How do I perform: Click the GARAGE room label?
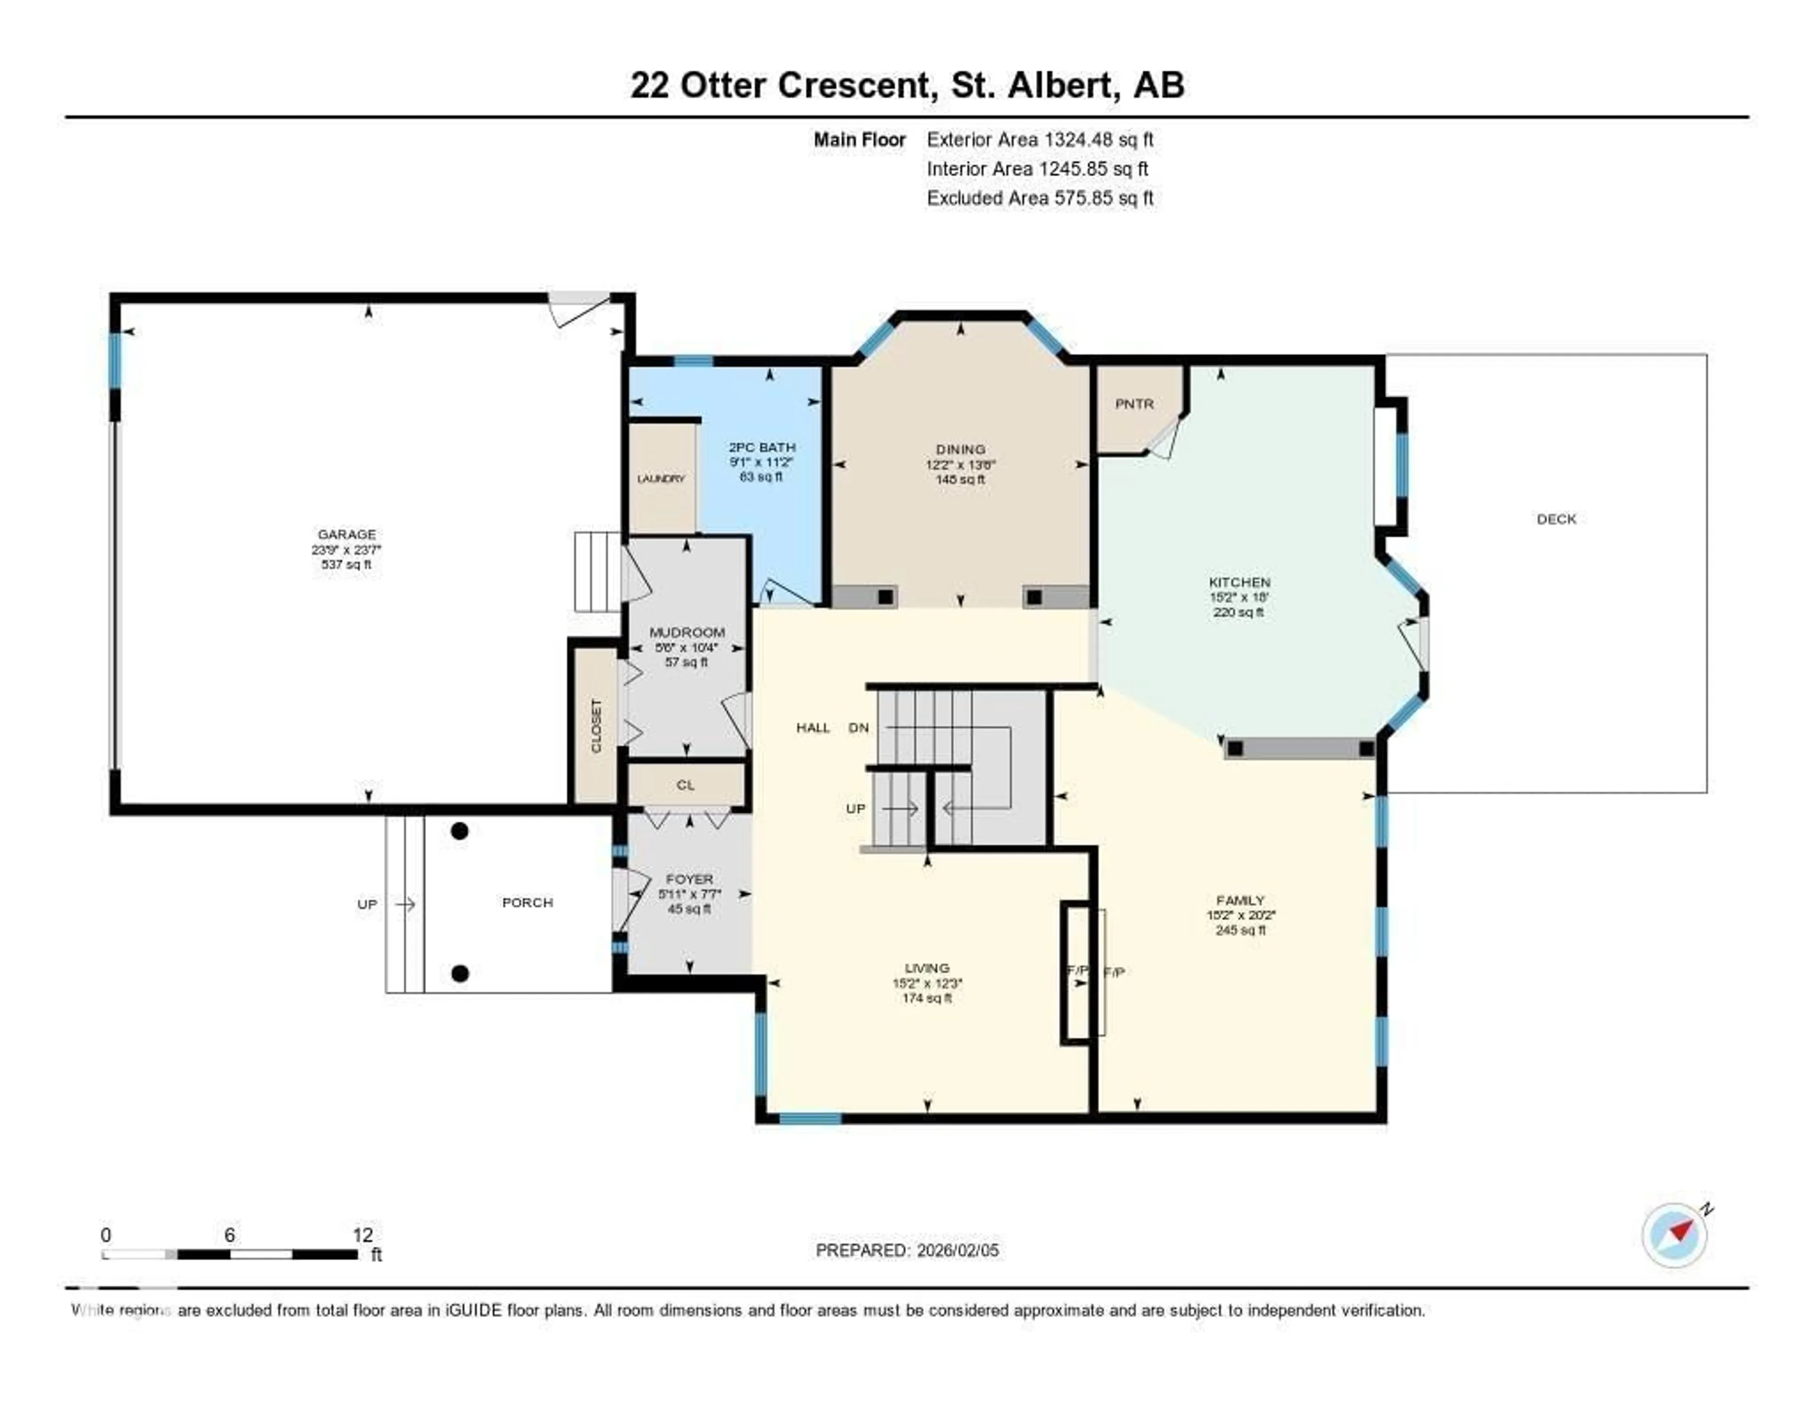tap(346, 534)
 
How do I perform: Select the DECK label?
tap(1556, 519)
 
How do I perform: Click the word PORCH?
tap(527, 903)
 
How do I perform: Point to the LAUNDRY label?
tap(661, 479)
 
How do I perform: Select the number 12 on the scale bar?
tap(362, 1235)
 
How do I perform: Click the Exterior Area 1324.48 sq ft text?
tap(1040, 139)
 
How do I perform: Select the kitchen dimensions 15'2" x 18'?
tap(1239, 597)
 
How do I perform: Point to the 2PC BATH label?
tap(762, 447)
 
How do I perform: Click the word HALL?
tap(813, 727)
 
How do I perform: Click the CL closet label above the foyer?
tap(685, 785)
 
